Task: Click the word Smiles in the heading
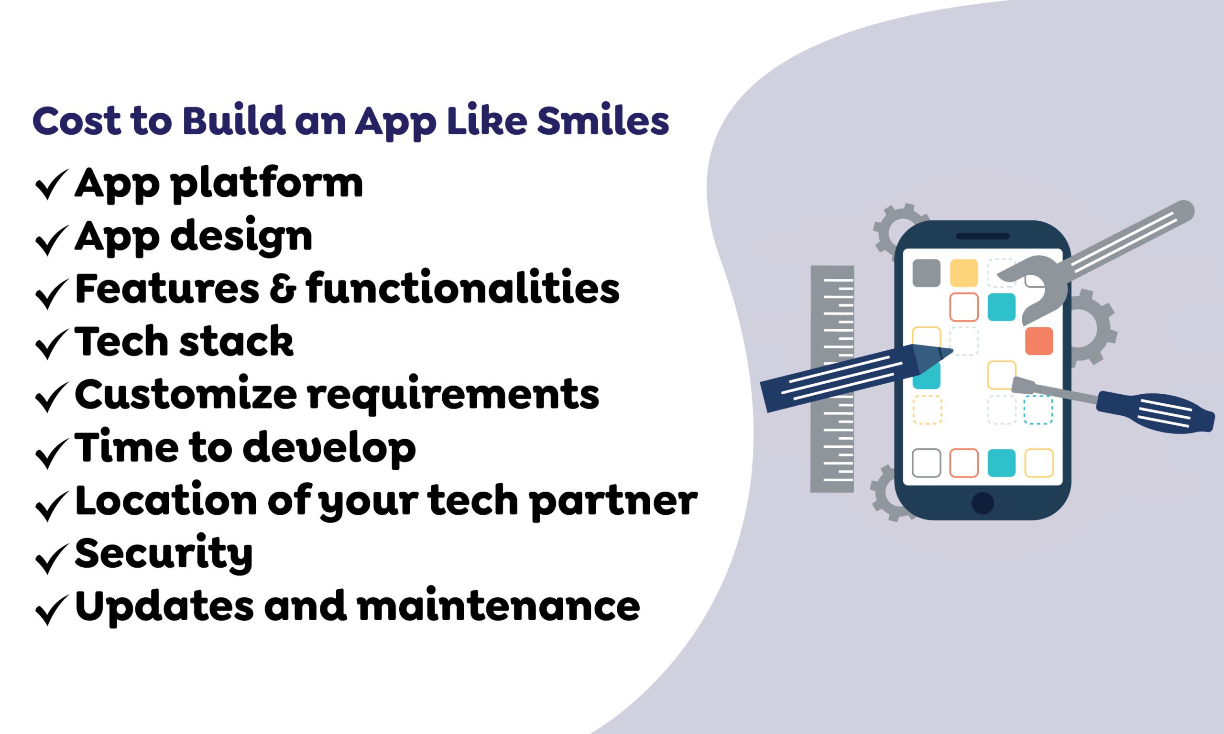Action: tap(602, 121)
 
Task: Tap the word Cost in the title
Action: tap(76, 121)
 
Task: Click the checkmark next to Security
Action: tap(52, 559)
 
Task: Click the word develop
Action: tap(329, 448)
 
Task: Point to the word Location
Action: tap(166, 501)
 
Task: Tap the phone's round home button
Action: tap(983, 504)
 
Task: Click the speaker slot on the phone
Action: tap(983, 237)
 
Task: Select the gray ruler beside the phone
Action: tap(831, 379)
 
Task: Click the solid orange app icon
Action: tap(1039, 341)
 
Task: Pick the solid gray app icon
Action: tap(926, 273)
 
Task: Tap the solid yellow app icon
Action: tap(964, 273)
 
